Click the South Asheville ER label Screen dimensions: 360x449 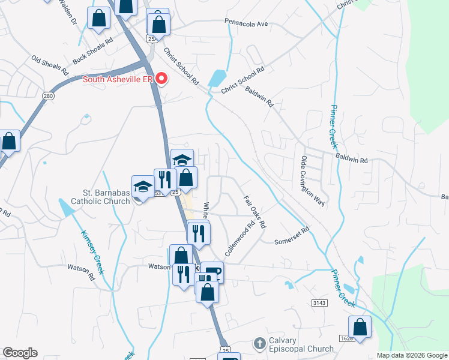118,79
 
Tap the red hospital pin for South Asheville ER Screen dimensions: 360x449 161,79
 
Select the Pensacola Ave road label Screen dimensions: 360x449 246,25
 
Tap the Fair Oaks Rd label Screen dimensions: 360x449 255,212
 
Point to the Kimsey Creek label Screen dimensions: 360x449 92,252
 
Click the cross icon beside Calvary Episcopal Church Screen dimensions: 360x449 259,344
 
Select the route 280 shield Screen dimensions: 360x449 48,96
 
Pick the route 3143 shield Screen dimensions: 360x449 319,304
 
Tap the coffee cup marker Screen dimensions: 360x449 212,272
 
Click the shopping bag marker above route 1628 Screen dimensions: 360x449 360,328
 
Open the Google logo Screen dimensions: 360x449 20,353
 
